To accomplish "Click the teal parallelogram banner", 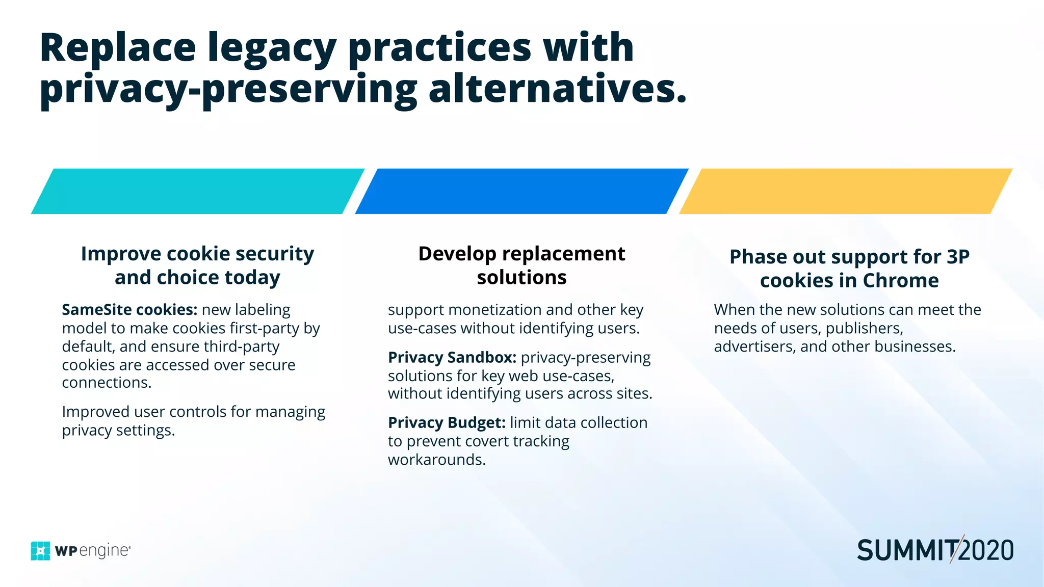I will point(198,191).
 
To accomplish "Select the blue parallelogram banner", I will point(521,191).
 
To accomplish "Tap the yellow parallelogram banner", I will point(846,191).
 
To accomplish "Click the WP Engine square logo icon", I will point(41,551).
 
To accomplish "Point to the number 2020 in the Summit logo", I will point(986,551).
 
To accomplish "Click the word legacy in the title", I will point(271,48).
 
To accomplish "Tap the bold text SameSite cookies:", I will point(129,310).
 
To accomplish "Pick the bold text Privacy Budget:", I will point(447,423).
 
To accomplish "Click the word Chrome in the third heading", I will point(900,281).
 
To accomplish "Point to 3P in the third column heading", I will point(958,257).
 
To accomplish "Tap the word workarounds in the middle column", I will point(436,460).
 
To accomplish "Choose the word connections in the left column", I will point(106,383).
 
